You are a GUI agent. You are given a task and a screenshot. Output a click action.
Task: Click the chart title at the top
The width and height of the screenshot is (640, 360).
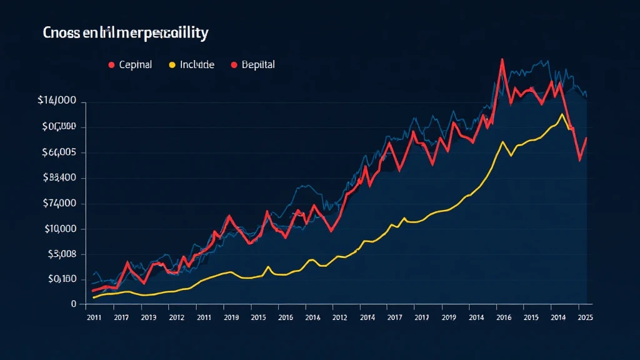tap(125, 34)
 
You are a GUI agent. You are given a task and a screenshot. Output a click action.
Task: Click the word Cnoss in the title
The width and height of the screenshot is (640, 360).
tap(62, 34)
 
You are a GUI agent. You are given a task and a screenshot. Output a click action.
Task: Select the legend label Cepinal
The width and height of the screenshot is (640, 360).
tap(135, 64)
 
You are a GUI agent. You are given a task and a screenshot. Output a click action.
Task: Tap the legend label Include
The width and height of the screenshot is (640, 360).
tap(197, 64)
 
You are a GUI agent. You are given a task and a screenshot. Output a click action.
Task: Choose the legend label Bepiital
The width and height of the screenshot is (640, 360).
tap(258, 64)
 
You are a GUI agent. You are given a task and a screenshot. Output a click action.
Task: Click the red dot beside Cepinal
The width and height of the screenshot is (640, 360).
tap(111, 64)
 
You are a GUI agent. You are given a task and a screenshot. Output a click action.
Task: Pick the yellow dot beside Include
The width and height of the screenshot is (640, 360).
tap(171, 64)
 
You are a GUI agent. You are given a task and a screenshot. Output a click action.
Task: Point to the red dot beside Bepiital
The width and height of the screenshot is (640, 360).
tap(234, 64)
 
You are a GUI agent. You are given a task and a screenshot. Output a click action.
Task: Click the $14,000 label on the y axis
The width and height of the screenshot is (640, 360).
tap(57, 101)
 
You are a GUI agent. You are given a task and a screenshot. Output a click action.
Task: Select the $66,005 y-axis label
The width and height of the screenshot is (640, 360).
tap(59, 152)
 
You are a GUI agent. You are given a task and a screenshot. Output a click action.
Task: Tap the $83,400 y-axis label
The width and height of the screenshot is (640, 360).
tap(59, 177)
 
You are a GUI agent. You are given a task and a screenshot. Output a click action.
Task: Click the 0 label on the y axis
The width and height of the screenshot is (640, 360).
tap(73, 304)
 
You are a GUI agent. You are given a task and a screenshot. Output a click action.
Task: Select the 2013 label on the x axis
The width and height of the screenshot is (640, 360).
tap(149, 317)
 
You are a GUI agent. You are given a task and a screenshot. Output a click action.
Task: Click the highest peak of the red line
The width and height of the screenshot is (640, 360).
tap(502, 60)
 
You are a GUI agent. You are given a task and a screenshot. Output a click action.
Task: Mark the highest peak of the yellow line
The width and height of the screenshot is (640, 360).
tap(562, 114)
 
